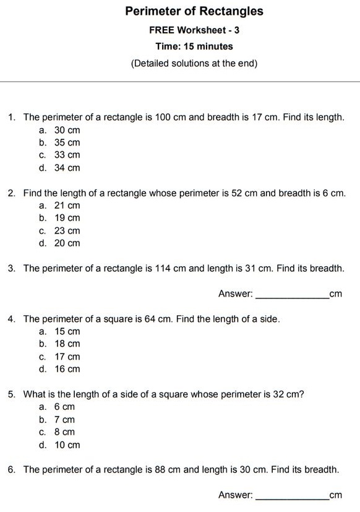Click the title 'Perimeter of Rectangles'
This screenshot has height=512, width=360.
[x=194, y=11]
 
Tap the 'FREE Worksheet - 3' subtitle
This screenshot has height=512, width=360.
[x=194, y=30]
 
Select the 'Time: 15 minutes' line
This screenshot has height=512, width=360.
[x=194, y=46]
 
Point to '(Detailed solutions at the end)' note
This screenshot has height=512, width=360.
[x=194, y=63]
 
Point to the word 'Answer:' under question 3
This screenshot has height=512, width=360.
[x=236, y=294]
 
